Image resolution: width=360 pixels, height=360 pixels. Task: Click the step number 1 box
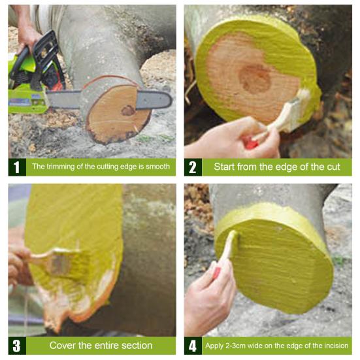coord(17,167)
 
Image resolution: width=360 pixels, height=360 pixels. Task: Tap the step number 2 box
coord(193,167)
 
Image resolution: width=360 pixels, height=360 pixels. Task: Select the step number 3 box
coord(17,346)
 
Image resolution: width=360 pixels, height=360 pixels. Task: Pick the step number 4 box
coord(193,346)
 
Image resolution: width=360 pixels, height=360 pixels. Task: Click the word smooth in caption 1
coord(157,167)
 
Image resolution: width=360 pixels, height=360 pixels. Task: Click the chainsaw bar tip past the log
coord(169,100)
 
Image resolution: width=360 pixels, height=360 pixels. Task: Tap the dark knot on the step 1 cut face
coord(128,110)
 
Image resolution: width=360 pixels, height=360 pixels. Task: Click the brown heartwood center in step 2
coord(255,79)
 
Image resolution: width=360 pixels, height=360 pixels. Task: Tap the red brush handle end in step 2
coord(250,143)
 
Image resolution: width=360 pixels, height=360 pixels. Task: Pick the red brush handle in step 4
coord(216,272)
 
